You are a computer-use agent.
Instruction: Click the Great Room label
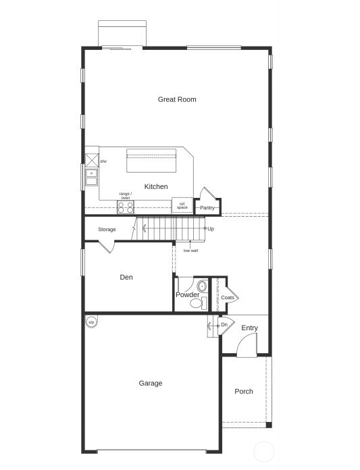(177, 99)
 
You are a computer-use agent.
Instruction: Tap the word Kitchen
(156, 186)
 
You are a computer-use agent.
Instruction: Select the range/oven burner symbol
(126, 207)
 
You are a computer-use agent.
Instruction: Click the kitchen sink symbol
(91, 178)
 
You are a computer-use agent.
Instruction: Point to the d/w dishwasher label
(103, 161)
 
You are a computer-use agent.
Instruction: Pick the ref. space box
(182, 205)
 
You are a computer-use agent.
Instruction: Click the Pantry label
(207, 207)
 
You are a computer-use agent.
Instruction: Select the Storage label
(107, 230)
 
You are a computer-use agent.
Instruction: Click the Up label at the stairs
(211, 229)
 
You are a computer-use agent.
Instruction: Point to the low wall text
(190, 251)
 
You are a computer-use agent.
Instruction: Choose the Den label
(126, 277)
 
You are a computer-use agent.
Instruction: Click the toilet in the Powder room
(197, 303)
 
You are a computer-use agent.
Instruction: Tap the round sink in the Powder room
(201, 286)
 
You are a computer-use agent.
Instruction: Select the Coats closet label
(228, 297)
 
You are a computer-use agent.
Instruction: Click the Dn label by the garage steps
(224, 325)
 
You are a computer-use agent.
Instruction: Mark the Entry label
(249, 328)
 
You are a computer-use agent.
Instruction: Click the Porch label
(244, 392)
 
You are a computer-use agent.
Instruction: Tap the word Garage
(151, 383)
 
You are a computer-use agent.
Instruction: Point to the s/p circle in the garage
(91, 322)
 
